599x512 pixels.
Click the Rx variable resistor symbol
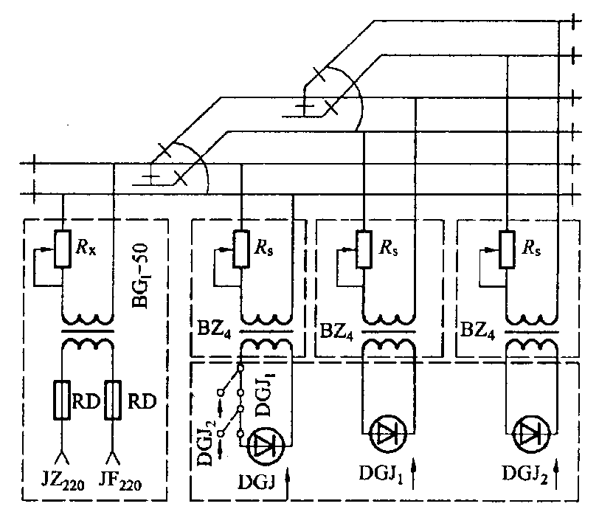(x=63, y=249)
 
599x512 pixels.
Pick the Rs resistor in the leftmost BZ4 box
(x=240, y=249)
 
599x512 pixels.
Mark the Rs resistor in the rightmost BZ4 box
(x=506, y=249)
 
